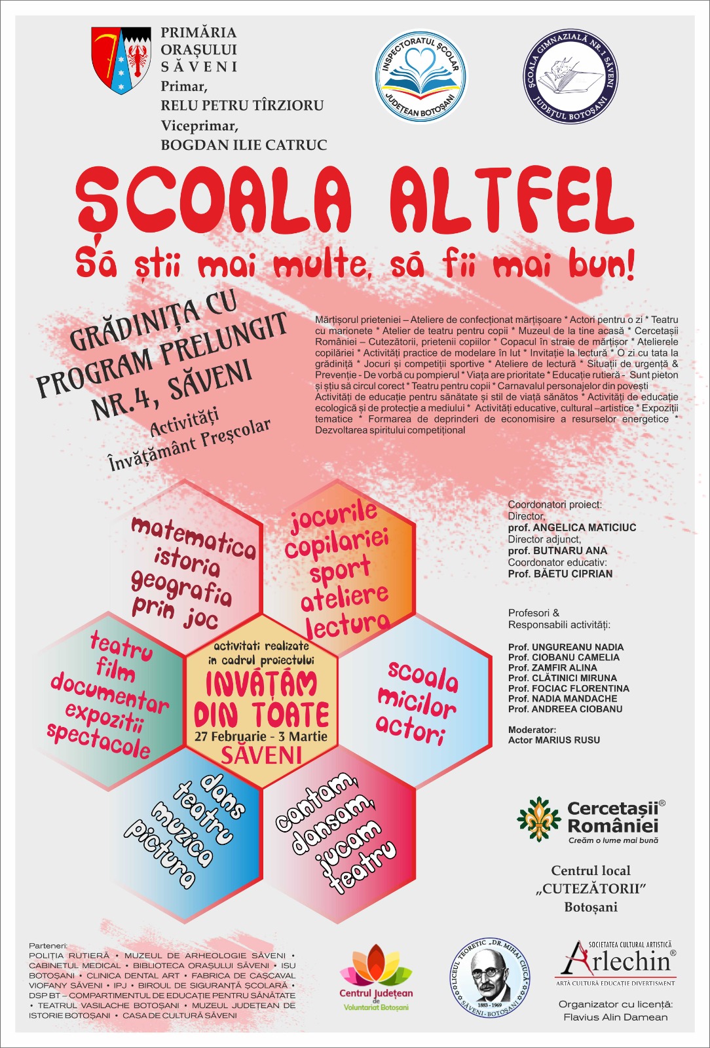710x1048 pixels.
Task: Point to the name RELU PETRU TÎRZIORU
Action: [x=242, y=105]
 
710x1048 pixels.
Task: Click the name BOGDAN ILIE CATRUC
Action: [x=244, y=145]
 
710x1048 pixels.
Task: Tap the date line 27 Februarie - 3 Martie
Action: [x=261, y=736]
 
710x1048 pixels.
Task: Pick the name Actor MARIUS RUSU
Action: [x=554, y=740]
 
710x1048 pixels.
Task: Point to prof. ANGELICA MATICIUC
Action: [x=572, y=527]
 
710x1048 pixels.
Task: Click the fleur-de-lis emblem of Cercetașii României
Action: [x=539, y=818]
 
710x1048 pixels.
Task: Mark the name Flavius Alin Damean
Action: [x=615, y=1017]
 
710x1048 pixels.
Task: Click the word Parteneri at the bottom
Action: [x=48, y=946]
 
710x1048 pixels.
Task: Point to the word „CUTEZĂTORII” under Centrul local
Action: [x=591, y=889]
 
